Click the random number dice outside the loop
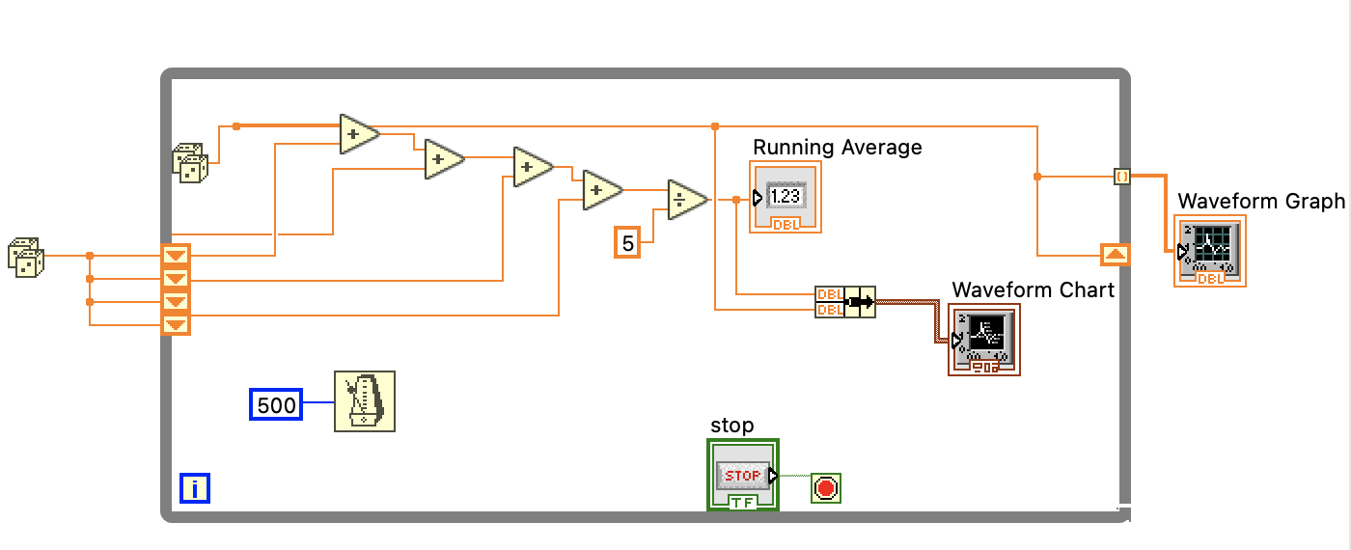click(x=25, y=257)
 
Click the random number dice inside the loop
click(x=189, y=162)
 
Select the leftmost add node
click(x=358, y=134)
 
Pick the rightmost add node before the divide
click(x=601, y=190)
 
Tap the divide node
click(x=687, y=200)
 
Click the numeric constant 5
click(x=627, y=244)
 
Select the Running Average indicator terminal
click(x=786, y=198)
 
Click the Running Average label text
click(x=837, y=148)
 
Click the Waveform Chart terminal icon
click(x=983, y=340)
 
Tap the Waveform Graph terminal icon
click(x=1210, y=251)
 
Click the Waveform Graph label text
click(x=1260, y=202)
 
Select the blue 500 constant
click(x=276, y=405)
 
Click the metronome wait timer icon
click(x=365, y=401)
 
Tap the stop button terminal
click(x=743, y=475)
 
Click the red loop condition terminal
click(x=825, y=488)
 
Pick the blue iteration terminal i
click(x=195, y=489)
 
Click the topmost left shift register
click(x=176, y=256)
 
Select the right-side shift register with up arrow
click(x=1115, y=255)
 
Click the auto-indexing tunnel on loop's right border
click(x=1121, y=177)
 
